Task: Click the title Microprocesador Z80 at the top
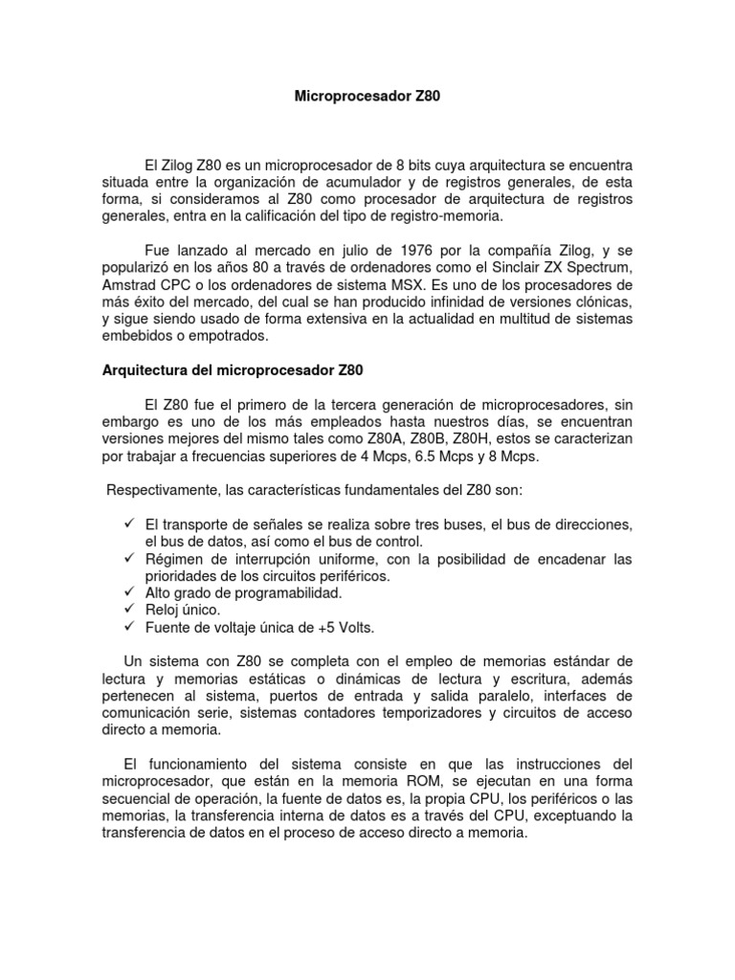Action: (367, 98)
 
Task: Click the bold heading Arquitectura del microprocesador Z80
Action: (233, 369)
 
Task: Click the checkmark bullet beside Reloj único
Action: (132, 610)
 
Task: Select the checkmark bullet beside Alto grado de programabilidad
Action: (132, 593)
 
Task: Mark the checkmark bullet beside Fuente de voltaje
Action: (132, 627)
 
